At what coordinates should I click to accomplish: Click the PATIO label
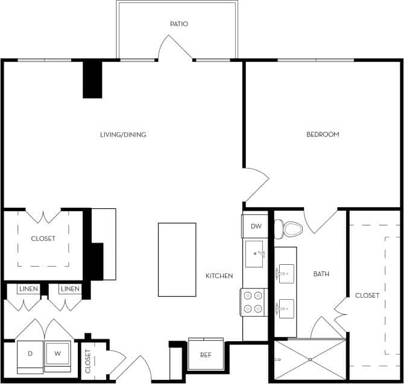[179, 24]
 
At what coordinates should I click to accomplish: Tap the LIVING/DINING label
[123, 135]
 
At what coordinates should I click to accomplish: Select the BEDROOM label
[323, 135]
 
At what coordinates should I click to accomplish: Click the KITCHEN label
[219, 276]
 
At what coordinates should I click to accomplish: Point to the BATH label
[321, 274]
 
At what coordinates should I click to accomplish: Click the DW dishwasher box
[255, 226]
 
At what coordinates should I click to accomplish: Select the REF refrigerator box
[206, 355]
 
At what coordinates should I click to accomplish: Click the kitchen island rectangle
[177, 259]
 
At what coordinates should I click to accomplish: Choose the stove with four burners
[254, 302]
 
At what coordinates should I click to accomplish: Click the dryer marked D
[30, 355]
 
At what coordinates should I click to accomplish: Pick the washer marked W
[58, 355]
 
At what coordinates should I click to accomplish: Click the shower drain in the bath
[311, 359]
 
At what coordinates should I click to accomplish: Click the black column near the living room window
[93, 79]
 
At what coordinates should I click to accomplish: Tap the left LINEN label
[28, 290]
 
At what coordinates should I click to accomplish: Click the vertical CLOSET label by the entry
[87, 361]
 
